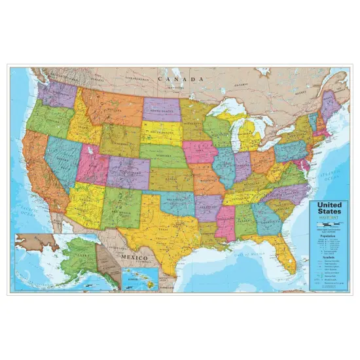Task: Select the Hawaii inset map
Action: [x=140, y=278]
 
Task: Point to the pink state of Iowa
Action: [x=200, y=152]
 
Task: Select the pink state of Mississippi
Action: [x=225, y=221]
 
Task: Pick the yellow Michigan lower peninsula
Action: [x=251, y=137]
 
